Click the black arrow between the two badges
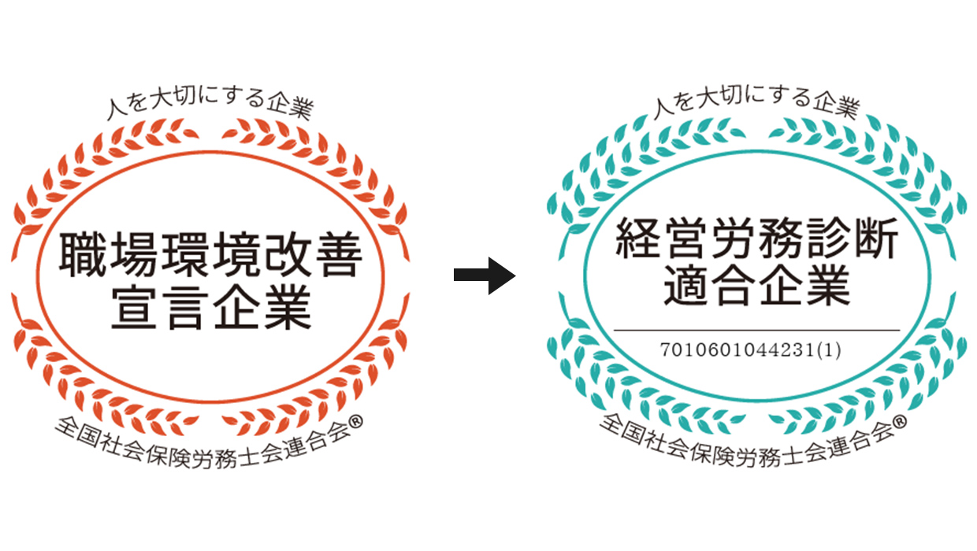tap(485, 275)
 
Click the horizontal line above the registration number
tap(756, 329)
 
